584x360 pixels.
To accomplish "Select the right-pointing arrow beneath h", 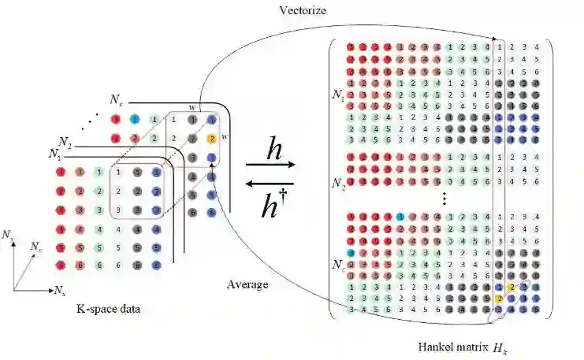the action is point(271,166).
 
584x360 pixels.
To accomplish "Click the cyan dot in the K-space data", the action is point(135,119).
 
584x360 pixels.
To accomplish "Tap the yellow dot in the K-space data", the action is point(212,139).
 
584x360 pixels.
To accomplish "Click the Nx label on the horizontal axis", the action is point(60,291).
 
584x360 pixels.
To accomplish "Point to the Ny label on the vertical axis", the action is point(9,235).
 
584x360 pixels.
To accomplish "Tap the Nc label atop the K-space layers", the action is point(116,101).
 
